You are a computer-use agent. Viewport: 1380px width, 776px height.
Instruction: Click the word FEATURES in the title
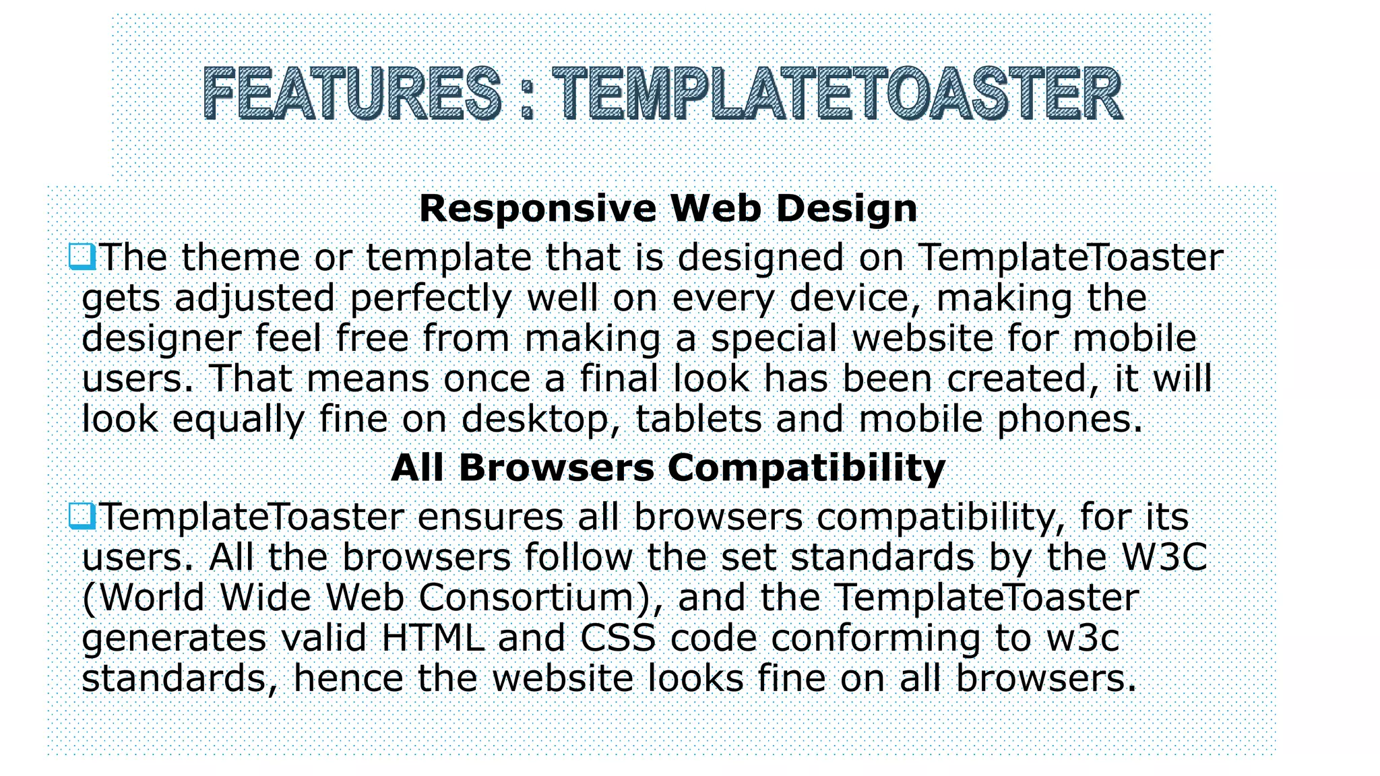pos(352,94)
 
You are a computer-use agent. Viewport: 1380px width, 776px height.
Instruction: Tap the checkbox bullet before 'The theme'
pos(82,257)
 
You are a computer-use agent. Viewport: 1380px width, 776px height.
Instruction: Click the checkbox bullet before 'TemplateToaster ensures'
pos(82,517)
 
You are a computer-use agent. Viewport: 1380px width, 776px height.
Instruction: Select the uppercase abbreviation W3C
pos(1164,557)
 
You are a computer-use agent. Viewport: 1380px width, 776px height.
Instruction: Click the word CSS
pos(618,638)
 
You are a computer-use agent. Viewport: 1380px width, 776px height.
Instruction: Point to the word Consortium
pos(534,597)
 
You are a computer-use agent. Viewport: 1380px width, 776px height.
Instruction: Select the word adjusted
pos(255,298)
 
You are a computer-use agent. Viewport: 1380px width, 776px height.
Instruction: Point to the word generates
pos(174,639)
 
